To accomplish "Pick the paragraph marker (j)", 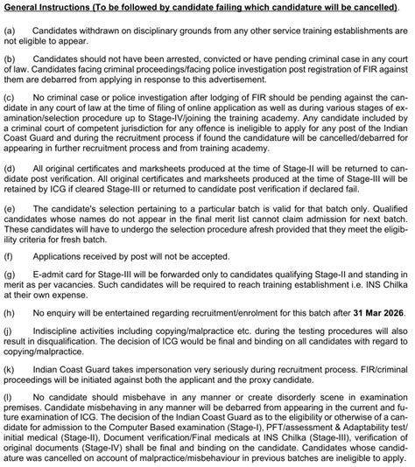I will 11,333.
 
